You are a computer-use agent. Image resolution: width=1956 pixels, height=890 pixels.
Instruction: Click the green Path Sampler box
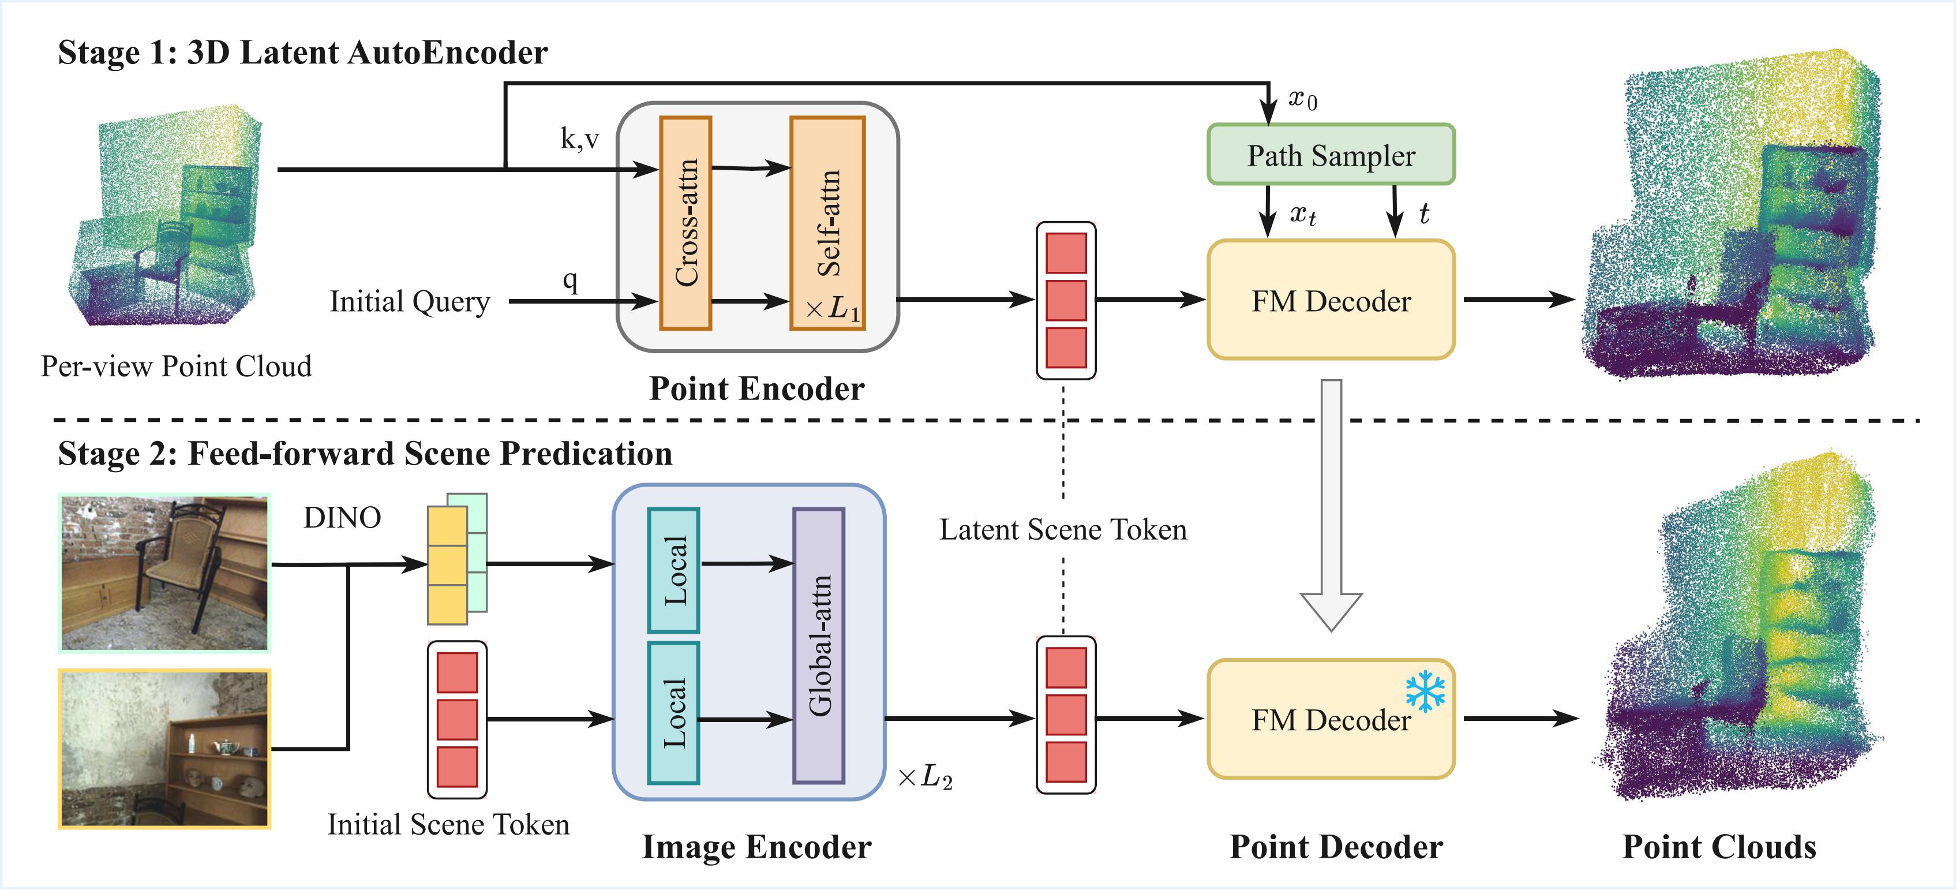coord(1331,155)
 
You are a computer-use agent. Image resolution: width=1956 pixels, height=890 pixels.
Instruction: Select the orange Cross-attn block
coord(685,223)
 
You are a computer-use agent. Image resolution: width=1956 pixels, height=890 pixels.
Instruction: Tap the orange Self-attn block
coord(827,223)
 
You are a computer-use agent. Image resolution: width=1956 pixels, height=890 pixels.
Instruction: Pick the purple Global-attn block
coord(819,645)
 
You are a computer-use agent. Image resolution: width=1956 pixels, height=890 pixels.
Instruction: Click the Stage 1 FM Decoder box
coord(1331,301)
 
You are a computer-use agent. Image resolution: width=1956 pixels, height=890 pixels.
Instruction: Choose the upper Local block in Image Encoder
coord(673,570)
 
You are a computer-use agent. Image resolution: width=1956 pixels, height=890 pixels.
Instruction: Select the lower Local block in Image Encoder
coord(673,713)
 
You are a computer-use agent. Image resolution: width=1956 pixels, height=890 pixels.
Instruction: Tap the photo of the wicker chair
coord(164,573)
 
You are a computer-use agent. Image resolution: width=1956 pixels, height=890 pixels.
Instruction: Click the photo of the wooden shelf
coord(164,749)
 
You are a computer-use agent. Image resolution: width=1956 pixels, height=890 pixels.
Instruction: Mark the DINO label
coord(342,518)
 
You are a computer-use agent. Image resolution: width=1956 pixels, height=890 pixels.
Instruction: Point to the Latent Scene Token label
coord(1062,529)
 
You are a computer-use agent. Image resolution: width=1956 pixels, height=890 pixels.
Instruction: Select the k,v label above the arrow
coord(579,139)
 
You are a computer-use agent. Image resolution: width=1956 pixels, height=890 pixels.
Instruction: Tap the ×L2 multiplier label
coord(924,777)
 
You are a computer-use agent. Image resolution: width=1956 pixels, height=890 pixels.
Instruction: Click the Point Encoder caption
coord(756,389)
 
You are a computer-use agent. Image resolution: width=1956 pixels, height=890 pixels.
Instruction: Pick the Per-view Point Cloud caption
coord(176,366)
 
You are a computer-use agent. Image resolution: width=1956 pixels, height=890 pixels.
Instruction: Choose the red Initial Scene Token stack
coord(457,719)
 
